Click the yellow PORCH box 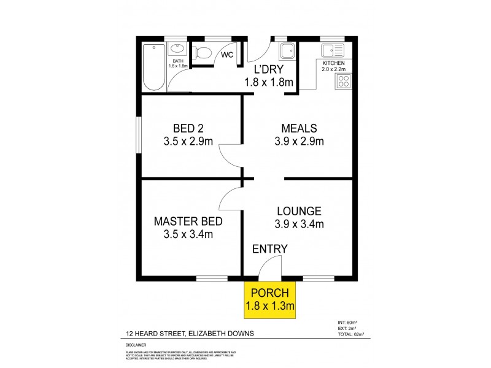pyautogui.click(x=270, y=300)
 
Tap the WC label pyautogui.click(x=227, y=55)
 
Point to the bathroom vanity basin pyautogui.click(x=177, y=48)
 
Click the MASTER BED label pyautogui.click(x=188, y=221)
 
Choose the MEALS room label pyautogui.click(x=299, y=129)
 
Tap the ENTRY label pyautogui.click(x=269, y=248)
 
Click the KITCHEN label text pyautogui.click(x=333, y=63)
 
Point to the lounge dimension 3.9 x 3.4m pyautogui.click(x=300, y=224)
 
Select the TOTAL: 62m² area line pyautogui.click(x=350, y=334)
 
